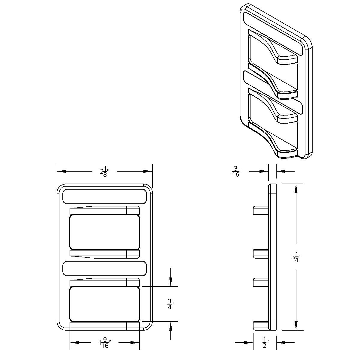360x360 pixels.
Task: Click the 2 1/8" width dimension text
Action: coord(104,172)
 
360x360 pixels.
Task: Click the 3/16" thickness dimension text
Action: coord(236,172)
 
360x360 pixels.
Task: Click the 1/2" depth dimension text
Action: coord(265,343)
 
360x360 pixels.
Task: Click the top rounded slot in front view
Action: coord(104,197)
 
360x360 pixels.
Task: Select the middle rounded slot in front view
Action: coord(104,268)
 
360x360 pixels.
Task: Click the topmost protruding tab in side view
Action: coord(260,210)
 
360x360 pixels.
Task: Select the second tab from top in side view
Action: coord(260,253)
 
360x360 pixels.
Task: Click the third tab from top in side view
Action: coord(260,282)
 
